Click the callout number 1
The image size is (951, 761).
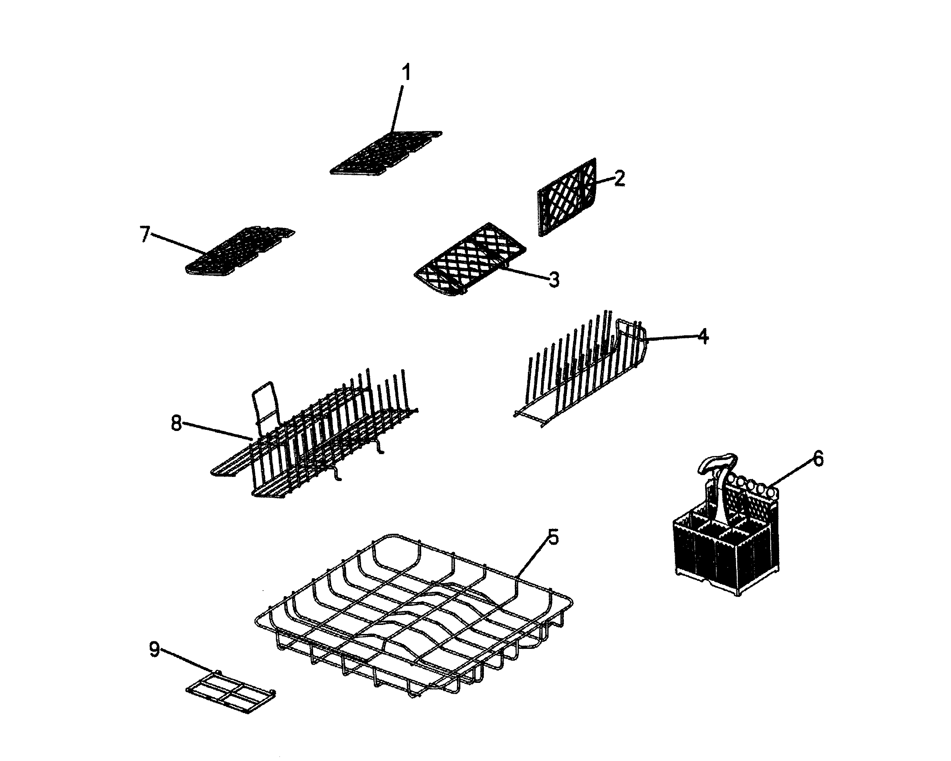click(x=406, y=73)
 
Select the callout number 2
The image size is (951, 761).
click(x=619, y=178)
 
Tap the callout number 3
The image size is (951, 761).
click(x=554, y=279)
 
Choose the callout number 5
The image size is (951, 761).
click(x=553, y=536)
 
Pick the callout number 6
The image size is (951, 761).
click(x=818, y=459)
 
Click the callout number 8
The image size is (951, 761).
click(x=176, y=424)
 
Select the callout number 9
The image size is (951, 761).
click(x=154, y=649)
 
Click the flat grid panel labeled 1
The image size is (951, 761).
click(x=386, y=152)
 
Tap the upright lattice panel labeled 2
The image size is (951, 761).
click(x=567, y=196)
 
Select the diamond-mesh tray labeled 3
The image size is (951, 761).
click(x=470, y=258)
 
